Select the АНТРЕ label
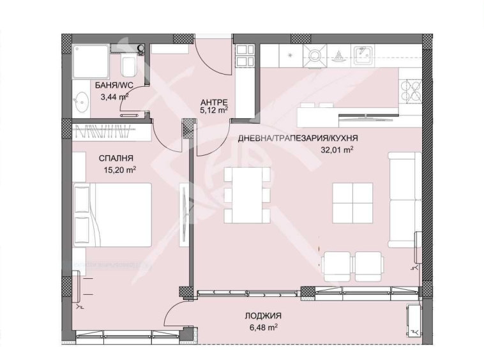click(x=213, y=101)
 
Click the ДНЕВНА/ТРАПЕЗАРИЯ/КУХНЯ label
click(x=298, y=138)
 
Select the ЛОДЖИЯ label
click(x=262, y=315)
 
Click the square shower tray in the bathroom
click(x=91, y=60)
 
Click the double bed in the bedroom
click(x=112, y=214)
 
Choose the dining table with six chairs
click(x=247, y=194)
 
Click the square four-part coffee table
click(x=352, y=202)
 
